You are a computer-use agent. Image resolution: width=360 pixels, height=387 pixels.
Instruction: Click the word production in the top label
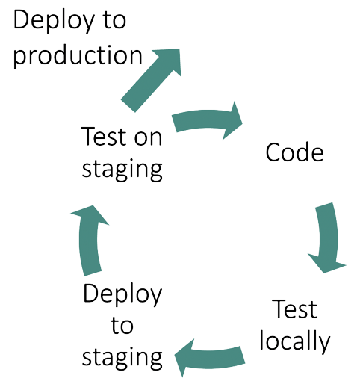[x=78, y=57]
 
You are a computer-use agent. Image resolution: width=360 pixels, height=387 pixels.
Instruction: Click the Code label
[x=294, y=152]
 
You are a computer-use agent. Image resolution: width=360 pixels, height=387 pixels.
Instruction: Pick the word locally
[x=295, y=340]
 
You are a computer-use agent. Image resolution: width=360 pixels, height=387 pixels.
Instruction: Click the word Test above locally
[x=294, y=309]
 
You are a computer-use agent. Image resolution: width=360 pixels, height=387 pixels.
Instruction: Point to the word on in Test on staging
[x=148, y=137]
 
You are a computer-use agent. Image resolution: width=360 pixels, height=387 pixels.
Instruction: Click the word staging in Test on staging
[x=122, y=170]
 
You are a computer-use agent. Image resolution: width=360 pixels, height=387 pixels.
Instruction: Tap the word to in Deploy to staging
[x=122, y=325]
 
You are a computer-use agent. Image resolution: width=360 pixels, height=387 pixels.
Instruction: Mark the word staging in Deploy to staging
[x=122, y=358]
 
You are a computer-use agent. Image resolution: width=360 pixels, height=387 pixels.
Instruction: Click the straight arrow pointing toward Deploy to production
[x=152, y=79]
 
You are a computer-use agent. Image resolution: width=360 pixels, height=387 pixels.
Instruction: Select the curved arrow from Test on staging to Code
[x=207, y=120]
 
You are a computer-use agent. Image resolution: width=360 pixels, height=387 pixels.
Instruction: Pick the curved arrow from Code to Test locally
[x=327, y=238]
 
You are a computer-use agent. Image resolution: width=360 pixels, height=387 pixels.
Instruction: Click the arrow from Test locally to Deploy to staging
[x=210, y=358]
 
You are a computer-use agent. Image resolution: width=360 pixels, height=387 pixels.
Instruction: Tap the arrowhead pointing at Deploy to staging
[x=184, y=358]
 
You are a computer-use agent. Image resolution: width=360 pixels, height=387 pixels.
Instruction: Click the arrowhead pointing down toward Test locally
[x=326, y=264]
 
